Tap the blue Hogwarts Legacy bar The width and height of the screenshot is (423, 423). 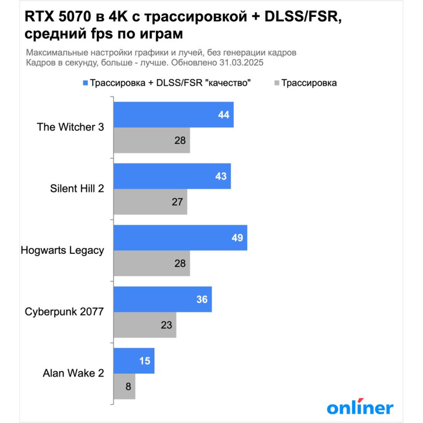[180, 237]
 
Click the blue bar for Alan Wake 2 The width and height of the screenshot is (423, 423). [134, 361]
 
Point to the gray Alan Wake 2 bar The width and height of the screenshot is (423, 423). [125, 387]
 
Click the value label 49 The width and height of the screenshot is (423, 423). [237, 238]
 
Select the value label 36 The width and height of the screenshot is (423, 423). [202, 299]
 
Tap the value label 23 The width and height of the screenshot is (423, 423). [167, 325]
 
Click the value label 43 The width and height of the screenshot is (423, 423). [221, 177]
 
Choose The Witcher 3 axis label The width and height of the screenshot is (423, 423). [70, 127]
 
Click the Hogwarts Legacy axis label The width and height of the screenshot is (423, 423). [62, 250]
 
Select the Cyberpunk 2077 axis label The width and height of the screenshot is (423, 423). [65, 311]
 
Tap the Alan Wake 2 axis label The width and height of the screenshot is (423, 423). [73, 373]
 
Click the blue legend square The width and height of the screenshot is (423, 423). [85, 83]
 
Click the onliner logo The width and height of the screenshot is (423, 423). [360, 407]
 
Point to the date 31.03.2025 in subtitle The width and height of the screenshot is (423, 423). [242, 62]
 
